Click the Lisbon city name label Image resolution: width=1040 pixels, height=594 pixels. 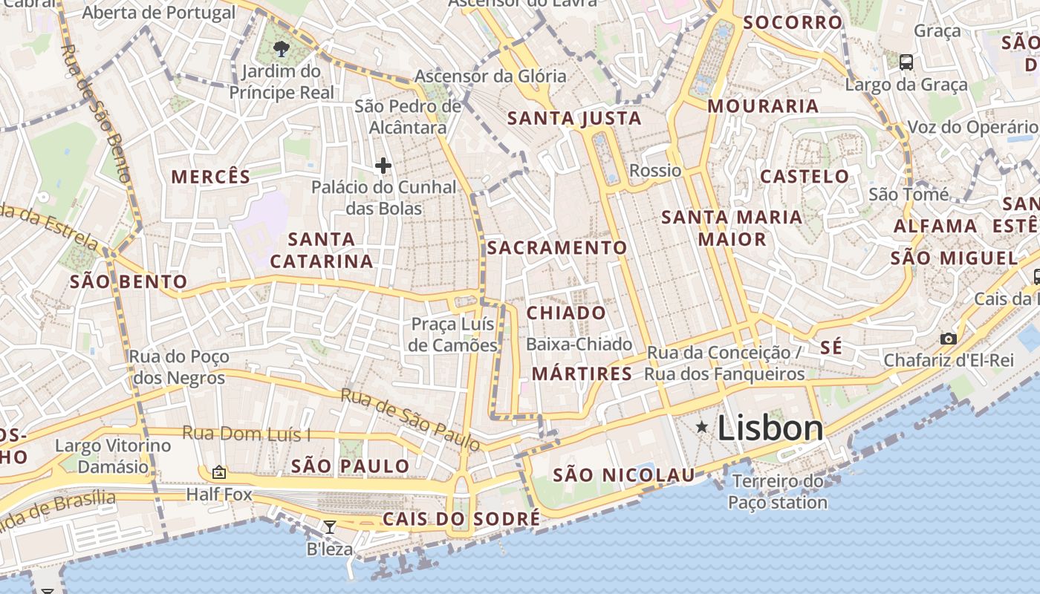point(770,428)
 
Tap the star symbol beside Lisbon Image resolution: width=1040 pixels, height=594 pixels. point(701,427)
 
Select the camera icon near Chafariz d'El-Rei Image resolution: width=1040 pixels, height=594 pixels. point(948,339)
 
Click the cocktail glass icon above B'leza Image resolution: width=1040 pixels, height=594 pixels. point(330,526)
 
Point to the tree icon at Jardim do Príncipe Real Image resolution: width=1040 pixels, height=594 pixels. point(281,50)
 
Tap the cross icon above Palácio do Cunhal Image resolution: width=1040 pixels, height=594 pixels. point(383,165)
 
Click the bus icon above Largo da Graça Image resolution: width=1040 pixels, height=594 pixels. point(906,62)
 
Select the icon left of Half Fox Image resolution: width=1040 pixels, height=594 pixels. point(219,472)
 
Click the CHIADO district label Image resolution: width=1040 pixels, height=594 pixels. point(566,313)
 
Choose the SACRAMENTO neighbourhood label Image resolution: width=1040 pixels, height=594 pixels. point(557,247)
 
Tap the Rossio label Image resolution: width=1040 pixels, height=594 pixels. point(655,171)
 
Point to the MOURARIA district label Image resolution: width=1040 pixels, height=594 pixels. point(763,106)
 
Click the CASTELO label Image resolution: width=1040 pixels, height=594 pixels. point(805,177)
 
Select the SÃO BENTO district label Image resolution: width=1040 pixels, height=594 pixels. point(129,281)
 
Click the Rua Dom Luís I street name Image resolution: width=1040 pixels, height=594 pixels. point(247,434)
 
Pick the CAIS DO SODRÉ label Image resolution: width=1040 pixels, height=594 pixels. point(461,518)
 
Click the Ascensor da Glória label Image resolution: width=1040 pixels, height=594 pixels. point(490,76)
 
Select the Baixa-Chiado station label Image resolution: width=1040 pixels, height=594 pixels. point(579,345)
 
